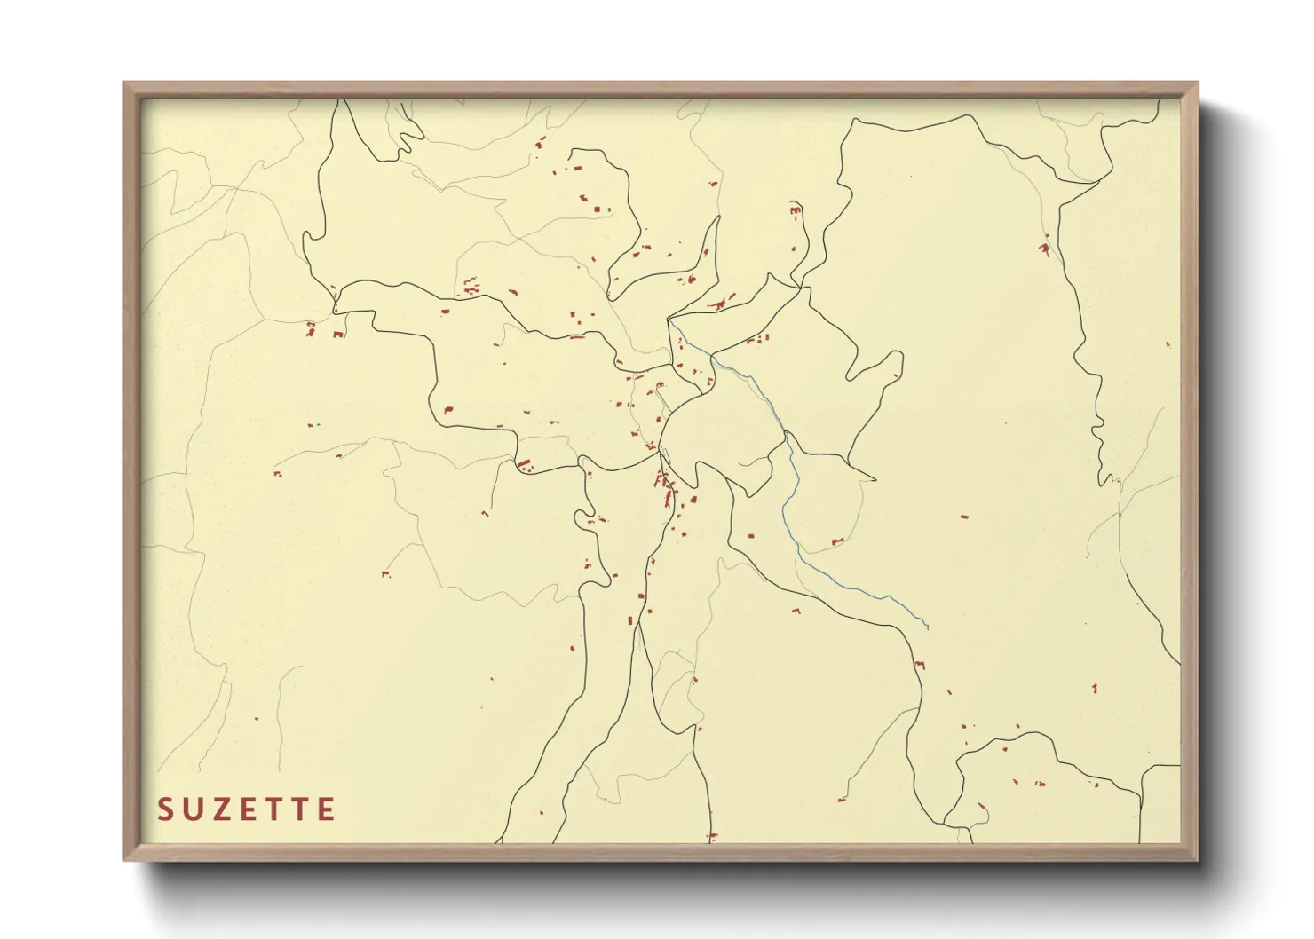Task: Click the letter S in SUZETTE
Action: coord(164,809)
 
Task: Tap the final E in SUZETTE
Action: coord(328,809)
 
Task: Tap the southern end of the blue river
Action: coord(928,628)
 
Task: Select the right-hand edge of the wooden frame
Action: coord(1190,470)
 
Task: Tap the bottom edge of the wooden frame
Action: coord(661,852)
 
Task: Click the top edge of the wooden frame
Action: coord(661,89)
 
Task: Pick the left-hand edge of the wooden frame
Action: coord(131,470)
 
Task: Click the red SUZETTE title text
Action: coord(246,809)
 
